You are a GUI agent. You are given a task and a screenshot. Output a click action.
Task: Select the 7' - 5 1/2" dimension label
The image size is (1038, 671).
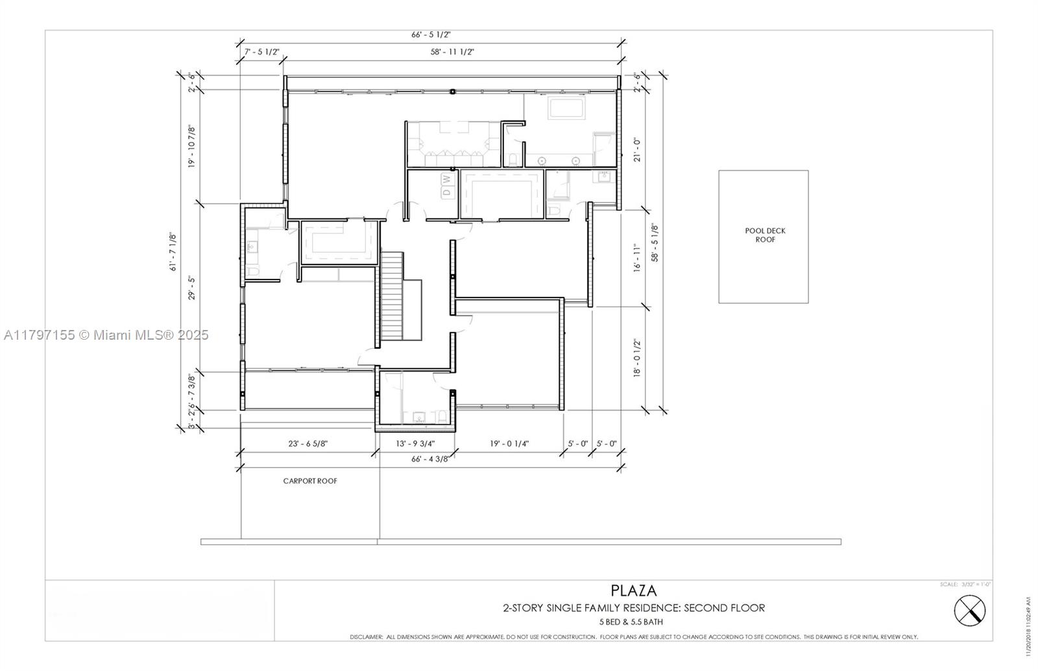click(x=261, y=52)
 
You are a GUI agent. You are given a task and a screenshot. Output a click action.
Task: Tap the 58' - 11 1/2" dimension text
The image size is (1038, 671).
click(x=452, y=52)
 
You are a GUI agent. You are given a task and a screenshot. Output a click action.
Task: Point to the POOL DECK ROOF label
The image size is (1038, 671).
click(x=765, y=235)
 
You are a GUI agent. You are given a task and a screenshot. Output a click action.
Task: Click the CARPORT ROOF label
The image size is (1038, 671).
click(x=310, y=481)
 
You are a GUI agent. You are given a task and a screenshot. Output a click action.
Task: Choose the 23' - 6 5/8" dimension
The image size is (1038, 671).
click(x=308, y=444)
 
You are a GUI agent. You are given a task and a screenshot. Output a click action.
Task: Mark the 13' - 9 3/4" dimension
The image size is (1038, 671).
click(x=415, y=444)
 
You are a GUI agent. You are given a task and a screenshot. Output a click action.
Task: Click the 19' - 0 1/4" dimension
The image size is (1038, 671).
click(x=509, y=444)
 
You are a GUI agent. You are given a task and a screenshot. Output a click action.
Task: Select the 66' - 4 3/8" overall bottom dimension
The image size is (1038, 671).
click(x=430, y=459)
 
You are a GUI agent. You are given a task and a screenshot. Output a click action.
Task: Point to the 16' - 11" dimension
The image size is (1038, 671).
click(x=637, y=257)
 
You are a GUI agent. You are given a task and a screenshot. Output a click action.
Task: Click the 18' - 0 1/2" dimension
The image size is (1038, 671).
click(x=637, y=358)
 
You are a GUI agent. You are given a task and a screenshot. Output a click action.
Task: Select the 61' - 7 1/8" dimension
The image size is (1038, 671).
click(x=173, y=252)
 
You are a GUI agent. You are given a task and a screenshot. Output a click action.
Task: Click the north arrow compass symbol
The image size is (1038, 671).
click(x=969, y=610)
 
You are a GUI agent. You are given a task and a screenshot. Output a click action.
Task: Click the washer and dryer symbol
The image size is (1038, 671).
click(x=446, y=185)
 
